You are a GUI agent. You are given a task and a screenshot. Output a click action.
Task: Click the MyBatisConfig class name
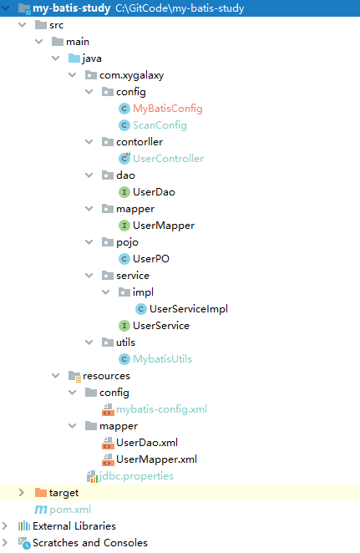pyautogui.click(x=168, y=109)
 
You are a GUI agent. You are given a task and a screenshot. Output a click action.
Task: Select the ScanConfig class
pyautogui.click(x=160, y=125)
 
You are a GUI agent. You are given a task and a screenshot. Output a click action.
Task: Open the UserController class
pyautogui.click(x=168, y=159)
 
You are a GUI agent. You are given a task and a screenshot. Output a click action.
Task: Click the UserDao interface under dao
pyautogui.click(x=154, y=192)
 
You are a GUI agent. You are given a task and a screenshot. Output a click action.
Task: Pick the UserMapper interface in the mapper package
pyautogui.click(x=164, y=226)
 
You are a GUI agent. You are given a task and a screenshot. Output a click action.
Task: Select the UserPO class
pyautogui.click(x=151, y=259)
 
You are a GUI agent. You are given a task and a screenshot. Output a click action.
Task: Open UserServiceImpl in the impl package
pyautogui.click(x=189, y=309)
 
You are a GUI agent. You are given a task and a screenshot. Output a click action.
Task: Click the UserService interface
pyautogui.click(x=161, y=326)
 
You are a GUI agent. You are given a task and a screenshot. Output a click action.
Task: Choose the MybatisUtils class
pyautogui.click(x=162, y=359)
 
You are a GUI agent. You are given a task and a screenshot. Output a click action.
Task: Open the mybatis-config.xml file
pyautogui.click(x=161, y=409)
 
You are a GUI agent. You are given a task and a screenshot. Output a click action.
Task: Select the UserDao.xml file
pyautogui.click(x=147, y=443)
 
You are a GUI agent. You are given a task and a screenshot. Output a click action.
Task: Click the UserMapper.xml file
pyautogui.click(x=156, y=459)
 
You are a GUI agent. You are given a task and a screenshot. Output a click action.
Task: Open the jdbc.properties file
pyautogui.click(x=136, y=476)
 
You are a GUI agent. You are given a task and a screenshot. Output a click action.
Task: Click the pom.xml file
pyautogui.click(x=70, y=510)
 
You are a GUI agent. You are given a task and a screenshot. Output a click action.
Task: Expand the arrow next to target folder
pyautogui.click(x=21, y=492)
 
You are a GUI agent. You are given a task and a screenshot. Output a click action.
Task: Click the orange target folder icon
pyautogui.click(x=41, y=492)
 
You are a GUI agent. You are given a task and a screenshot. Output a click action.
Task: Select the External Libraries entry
pyautogui.click(x=74, y=526)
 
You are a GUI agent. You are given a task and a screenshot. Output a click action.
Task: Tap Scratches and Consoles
pyautogui.click(x=90, y=543)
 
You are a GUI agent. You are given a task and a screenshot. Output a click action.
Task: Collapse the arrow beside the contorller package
pyautogui.click(x=89, y=142)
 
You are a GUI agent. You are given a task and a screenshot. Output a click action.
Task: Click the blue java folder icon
pyautogui.click(x=74, y=58)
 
